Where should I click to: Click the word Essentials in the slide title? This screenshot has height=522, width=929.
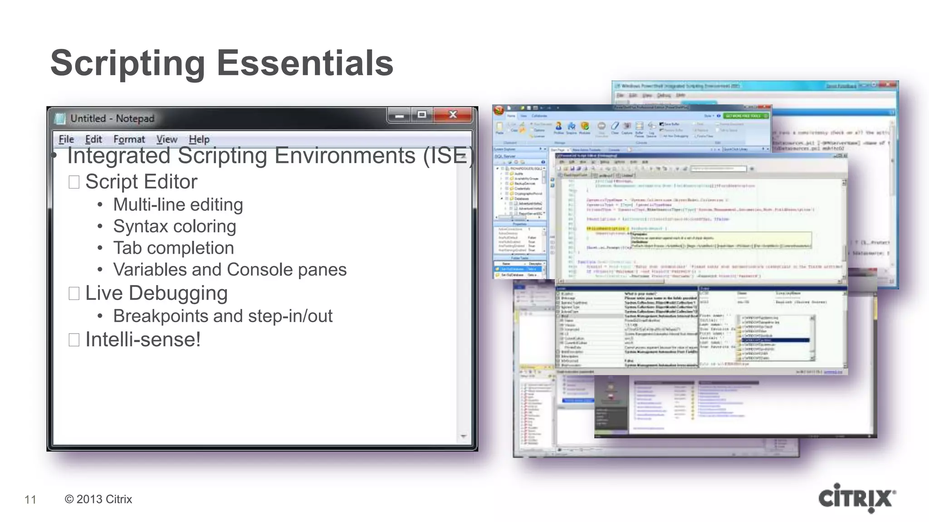tap(305, 63)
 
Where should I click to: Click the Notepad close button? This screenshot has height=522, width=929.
tap(452, 115)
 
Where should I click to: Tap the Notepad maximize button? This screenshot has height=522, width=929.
tap(422, 115)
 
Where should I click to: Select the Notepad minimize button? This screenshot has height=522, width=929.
tap(399, 116)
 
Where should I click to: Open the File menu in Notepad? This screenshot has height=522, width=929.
tap(66, 139)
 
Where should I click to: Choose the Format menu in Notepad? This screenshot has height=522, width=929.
tap(129, 139)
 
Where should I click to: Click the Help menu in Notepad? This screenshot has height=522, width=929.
tap(199, 139)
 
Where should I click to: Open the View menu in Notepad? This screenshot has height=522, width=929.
tap(166, 139)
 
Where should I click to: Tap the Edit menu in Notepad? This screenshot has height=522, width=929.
tap(93, 139)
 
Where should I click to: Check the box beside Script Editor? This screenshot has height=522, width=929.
tap(74, 182)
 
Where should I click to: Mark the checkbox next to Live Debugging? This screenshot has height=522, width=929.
tap(74, 294)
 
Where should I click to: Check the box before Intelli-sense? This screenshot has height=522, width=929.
tap(74, 340)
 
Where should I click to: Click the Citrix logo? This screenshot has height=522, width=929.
tap(856, 498)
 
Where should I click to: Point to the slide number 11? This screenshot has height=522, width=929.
tap(30, 499)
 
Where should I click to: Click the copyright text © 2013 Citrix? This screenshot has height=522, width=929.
tap(98, 499)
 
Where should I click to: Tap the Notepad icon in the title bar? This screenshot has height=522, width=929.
tap(60, 119)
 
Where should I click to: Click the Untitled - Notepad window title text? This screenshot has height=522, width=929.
tap(112, 118)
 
